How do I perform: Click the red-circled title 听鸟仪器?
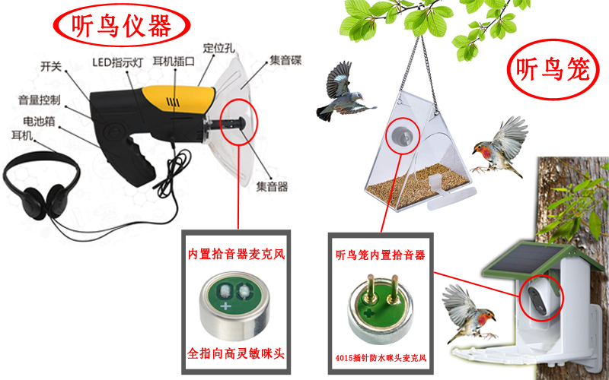121,27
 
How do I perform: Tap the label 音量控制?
39,100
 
